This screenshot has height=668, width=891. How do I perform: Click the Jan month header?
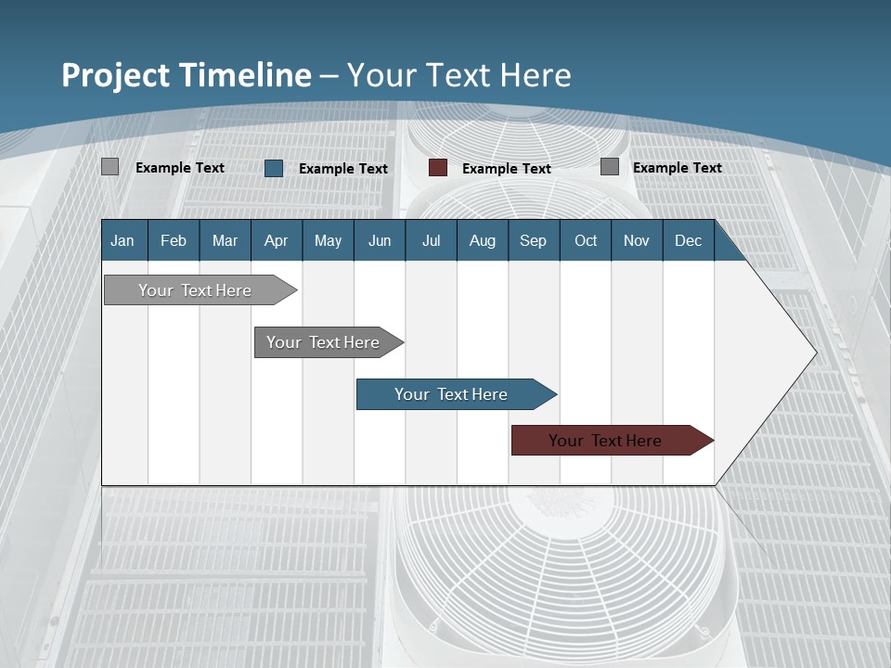(x=123, y=241)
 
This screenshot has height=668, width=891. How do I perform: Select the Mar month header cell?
(x=225, y=241)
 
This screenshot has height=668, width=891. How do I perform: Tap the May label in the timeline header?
(x=328, y=241)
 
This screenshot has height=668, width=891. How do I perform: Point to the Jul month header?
(x=431, y=241)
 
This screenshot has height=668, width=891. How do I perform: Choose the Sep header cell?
(x=533, y=241)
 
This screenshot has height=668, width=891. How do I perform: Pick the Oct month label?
(x=586, y=241)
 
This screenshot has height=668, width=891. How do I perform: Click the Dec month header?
(x=688, y=241)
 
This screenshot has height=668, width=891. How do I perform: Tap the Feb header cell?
(x=174, y=241)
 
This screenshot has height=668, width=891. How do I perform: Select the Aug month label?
(x=482, y=241)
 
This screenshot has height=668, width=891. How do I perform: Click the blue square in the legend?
(x=274, y=168)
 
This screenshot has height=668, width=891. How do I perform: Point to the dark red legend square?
(x=438, y=168)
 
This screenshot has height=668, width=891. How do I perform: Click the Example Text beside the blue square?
(x=343, y=169)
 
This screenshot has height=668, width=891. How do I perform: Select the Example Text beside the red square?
(x=507, y=169)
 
